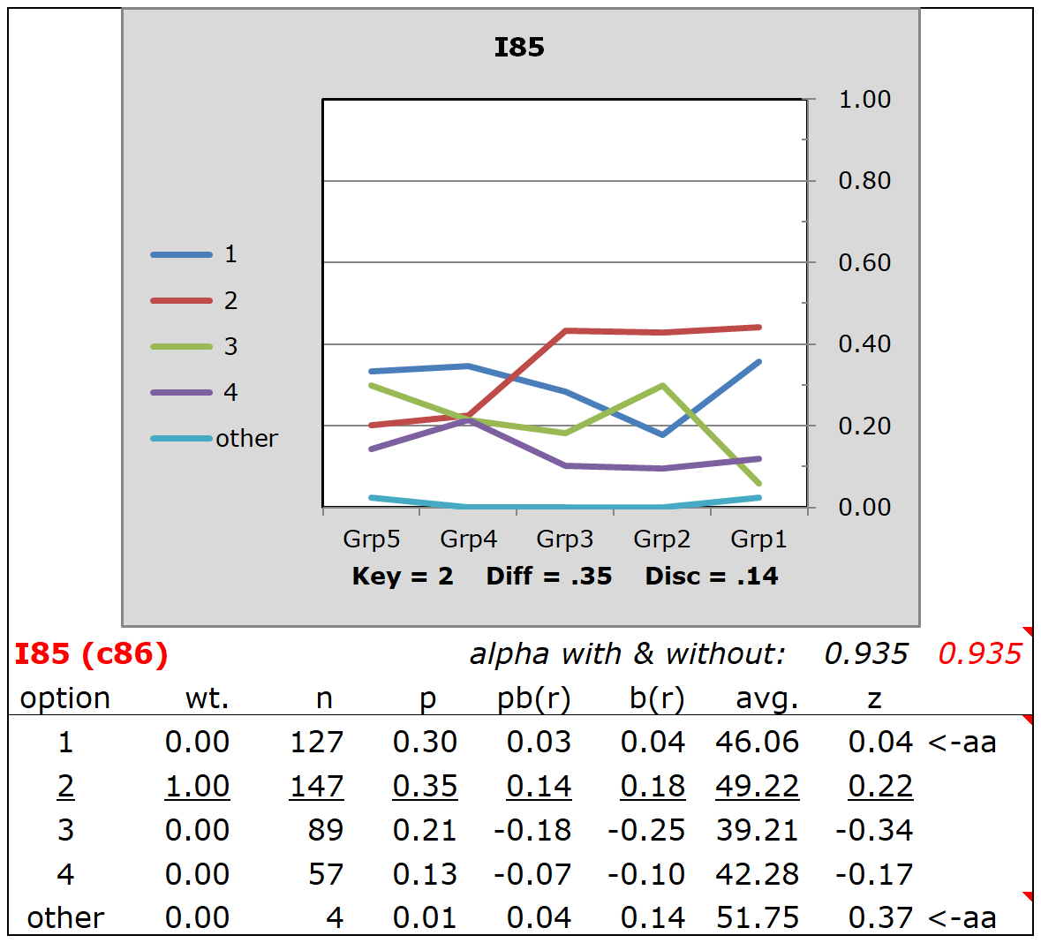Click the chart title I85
(519, 48)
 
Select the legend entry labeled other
(245, 439)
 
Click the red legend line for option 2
(181, 301)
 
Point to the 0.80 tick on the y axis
(864, 181)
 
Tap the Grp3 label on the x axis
(564, 539)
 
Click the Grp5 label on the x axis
(371, 539)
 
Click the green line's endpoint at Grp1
(758, 483)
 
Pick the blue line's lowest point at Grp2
(662, 434)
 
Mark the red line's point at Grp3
(565, 331)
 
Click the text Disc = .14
(712, 577)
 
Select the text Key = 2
(403, 577)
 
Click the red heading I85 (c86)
(91, 654)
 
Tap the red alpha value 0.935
(979, 654)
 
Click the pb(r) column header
(533, 698)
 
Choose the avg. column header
(766, 698)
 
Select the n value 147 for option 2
(316, 786)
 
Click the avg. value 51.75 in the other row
(757, 918)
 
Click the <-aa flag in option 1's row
(962, 743)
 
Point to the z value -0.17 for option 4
(873, 874)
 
